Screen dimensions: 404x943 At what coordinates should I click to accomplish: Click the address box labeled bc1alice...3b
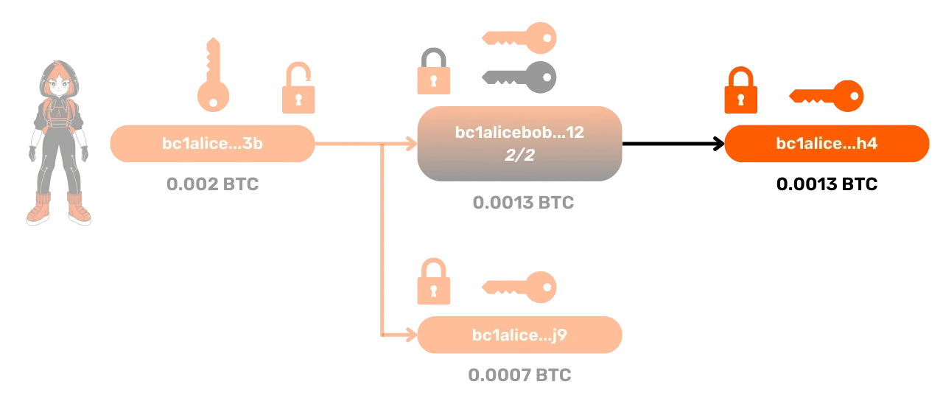[x=212, y=144]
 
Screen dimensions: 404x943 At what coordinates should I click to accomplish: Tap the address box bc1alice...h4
[x=827, y=144]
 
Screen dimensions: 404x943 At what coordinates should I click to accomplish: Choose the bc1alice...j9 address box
[x=520, y=335]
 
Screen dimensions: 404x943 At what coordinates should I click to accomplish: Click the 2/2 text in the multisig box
[x=520, y=156]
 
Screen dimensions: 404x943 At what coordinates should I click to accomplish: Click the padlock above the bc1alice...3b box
[x=298, y=90]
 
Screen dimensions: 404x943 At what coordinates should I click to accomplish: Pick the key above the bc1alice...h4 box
[x=827, y=96]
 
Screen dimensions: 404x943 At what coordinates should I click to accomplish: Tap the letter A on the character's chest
[x=58, y=114]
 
